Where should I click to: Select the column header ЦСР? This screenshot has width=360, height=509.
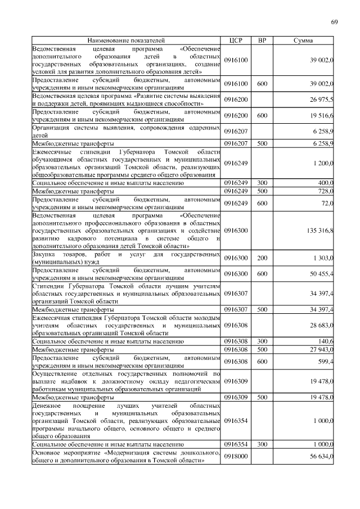236,41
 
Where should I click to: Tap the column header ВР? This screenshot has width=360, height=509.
262,41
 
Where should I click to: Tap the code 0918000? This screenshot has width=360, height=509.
235,456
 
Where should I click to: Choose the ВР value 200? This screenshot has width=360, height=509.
262,258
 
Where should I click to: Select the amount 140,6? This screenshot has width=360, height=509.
326,341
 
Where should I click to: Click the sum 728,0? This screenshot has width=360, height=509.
326,191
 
